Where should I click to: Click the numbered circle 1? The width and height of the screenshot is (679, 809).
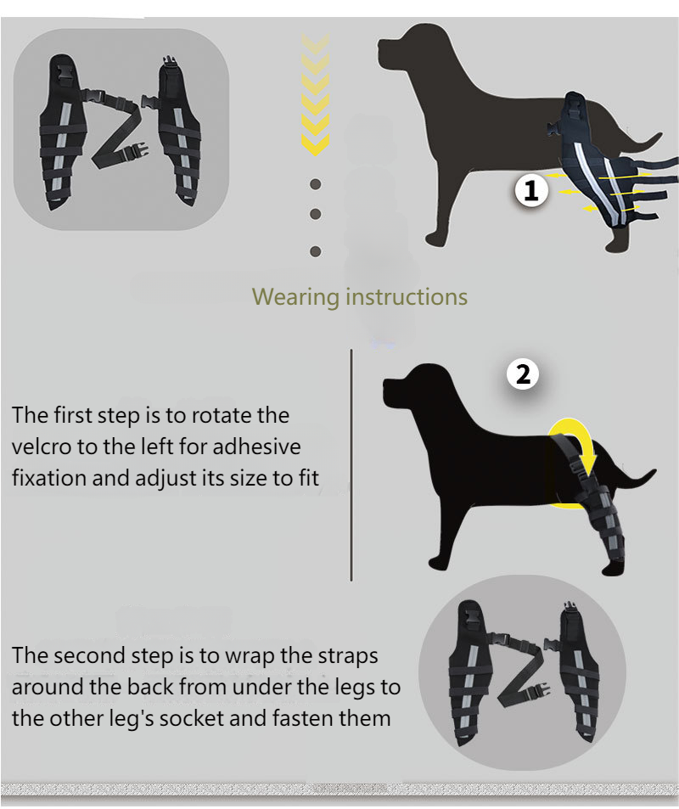coord(531,190)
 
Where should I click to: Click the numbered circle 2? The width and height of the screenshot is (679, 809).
coord(523,374)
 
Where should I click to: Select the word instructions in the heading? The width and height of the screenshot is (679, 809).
coord(407,296)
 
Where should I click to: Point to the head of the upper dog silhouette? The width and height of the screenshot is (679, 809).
coord(405,48)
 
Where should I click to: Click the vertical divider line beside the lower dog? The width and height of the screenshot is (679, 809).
coord(351,465)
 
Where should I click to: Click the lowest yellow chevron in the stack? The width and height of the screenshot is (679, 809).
coord(315,144)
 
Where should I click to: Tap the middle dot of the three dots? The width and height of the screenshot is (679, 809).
coord(315,214)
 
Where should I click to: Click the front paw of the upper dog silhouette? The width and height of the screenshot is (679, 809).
coord(435,239)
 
